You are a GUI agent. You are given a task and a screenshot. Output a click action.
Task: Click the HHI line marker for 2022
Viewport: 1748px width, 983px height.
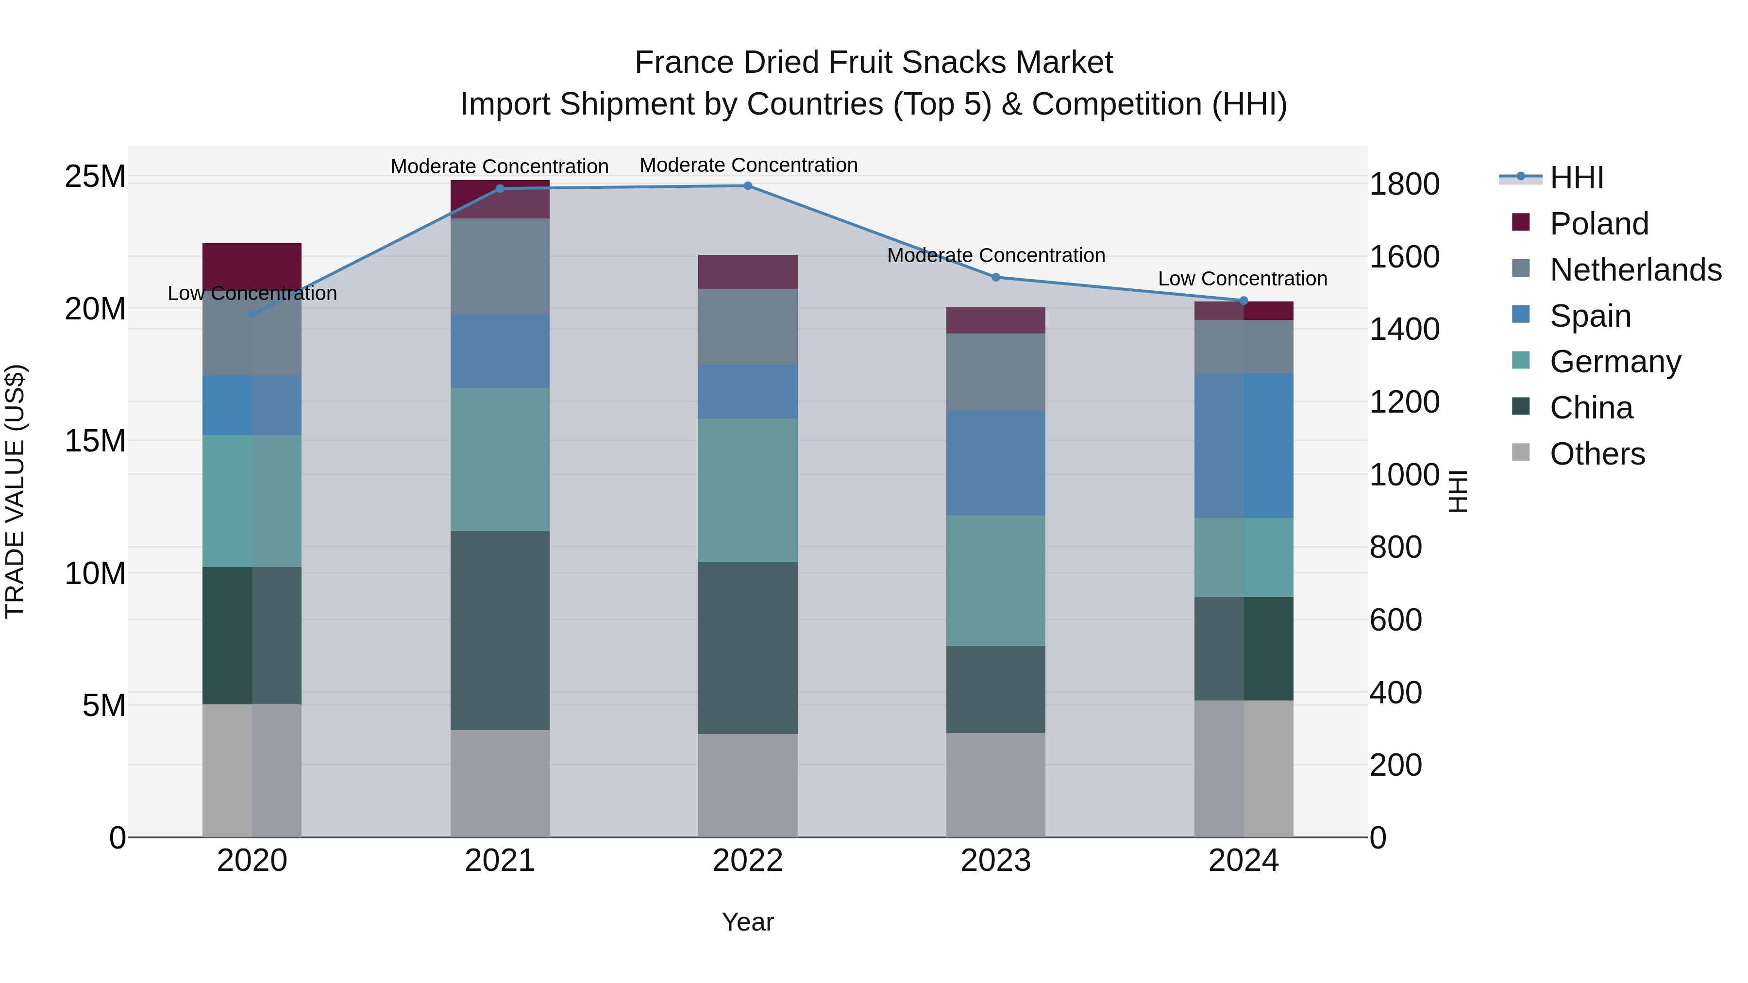pos(748,186)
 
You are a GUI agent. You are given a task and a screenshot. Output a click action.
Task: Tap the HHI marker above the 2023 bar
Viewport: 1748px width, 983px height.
pos(995,278)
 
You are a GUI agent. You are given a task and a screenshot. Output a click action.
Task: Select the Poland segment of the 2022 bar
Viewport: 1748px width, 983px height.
pos(748,272)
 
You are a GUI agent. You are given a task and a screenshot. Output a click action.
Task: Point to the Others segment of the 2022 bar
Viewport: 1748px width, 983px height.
pos(748,785)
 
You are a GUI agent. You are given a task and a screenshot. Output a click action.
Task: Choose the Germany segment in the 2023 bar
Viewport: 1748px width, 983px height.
pos(995,580)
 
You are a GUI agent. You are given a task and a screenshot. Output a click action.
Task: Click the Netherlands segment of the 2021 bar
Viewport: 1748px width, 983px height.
pos(500,266)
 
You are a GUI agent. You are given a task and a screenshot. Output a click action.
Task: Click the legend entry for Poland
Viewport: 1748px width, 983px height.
pos(1599,224)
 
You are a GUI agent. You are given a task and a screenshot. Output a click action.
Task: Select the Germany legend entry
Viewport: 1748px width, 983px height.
pos(1615,362)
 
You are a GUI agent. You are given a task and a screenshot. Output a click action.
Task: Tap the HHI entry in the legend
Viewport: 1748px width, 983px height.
pos(1576,178)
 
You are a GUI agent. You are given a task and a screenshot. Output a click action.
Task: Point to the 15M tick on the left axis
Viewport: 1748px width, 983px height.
pos(95,441)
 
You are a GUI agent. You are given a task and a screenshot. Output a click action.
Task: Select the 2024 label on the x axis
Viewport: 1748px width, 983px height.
pos(1243,861)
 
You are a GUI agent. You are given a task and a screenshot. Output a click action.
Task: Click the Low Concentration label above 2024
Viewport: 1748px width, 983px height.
pos(1243,279)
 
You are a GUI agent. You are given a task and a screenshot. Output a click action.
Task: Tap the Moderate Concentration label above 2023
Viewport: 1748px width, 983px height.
pos(995,256)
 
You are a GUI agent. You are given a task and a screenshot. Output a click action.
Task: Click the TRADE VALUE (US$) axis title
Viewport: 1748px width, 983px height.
pos(15,491)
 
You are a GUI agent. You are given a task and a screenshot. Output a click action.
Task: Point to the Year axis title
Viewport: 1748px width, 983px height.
pos(748,922)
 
